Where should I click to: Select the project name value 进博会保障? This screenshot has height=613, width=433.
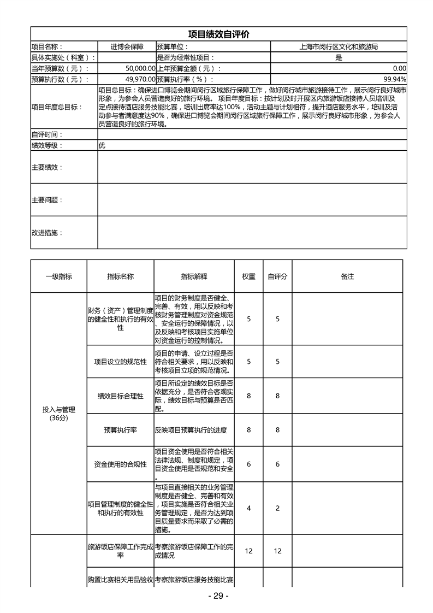click(x=127, y=47)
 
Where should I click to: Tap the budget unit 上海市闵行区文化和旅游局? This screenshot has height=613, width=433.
click(x=339, y=47)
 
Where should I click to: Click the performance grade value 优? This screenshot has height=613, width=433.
click(x=102, y=145)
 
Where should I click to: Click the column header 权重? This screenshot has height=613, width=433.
click(x=248, y=276)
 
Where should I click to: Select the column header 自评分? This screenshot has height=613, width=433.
click(x=277, y=276)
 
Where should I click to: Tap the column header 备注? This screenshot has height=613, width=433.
click(x=347, y=276)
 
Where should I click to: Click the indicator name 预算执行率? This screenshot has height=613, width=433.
click(x=120, y=430)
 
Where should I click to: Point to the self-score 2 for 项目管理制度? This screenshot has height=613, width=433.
click(x=277, y=508)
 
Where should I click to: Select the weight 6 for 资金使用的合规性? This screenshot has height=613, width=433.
click(x=248, y=464)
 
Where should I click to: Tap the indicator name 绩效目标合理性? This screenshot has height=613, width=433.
click(x=120, y=396)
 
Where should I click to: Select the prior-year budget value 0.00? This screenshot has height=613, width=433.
click(x=399, y=68)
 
